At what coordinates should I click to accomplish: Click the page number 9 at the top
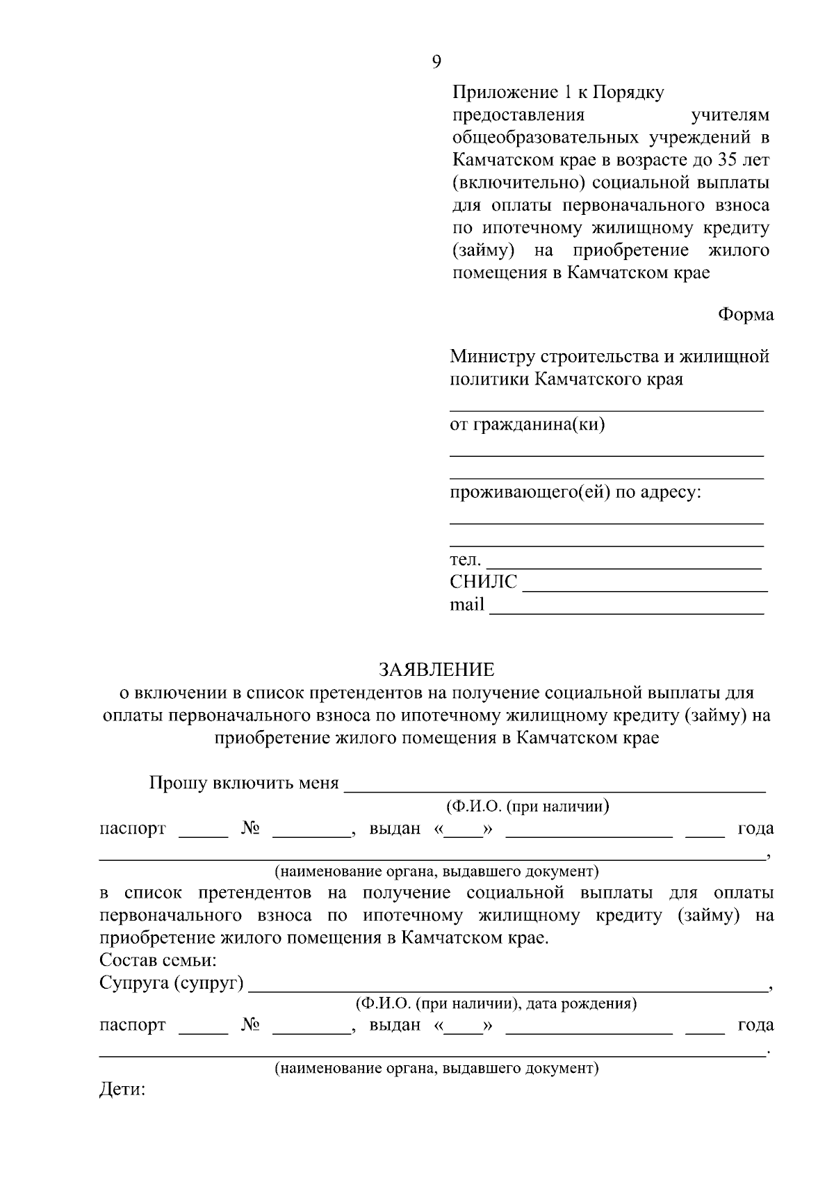click(436, 62)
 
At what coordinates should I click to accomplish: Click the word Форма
click(745, 314)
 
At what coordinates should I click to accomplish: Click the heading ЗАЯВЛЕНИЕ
click(436, 670)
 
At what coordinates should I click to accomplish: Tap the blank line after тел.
click(623, 567)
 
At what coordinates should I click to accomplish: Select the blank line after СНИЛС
click(644, 589)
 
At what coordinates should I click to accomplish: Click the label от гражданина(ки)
click(528, 424)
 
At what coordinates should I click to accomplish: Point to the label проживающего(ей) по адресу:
click(575, 493)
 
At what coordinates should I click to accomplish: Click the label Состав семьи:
click(158, 961)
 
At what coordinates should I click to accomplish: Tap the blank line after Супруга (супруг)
click(506, 988)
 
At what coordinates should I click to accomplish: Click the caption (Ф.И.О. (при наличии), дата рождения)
click(496, 1003)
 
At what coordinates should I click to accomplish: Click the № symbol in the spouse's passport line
click(251, 1024)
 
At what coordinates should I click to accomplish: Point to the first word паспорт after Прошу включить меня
click(133, 828)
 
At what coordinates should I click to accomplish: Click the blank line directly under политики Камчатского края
click(606, 410)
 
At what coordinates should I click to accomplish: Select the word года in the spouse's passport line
click(755, 1024)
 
